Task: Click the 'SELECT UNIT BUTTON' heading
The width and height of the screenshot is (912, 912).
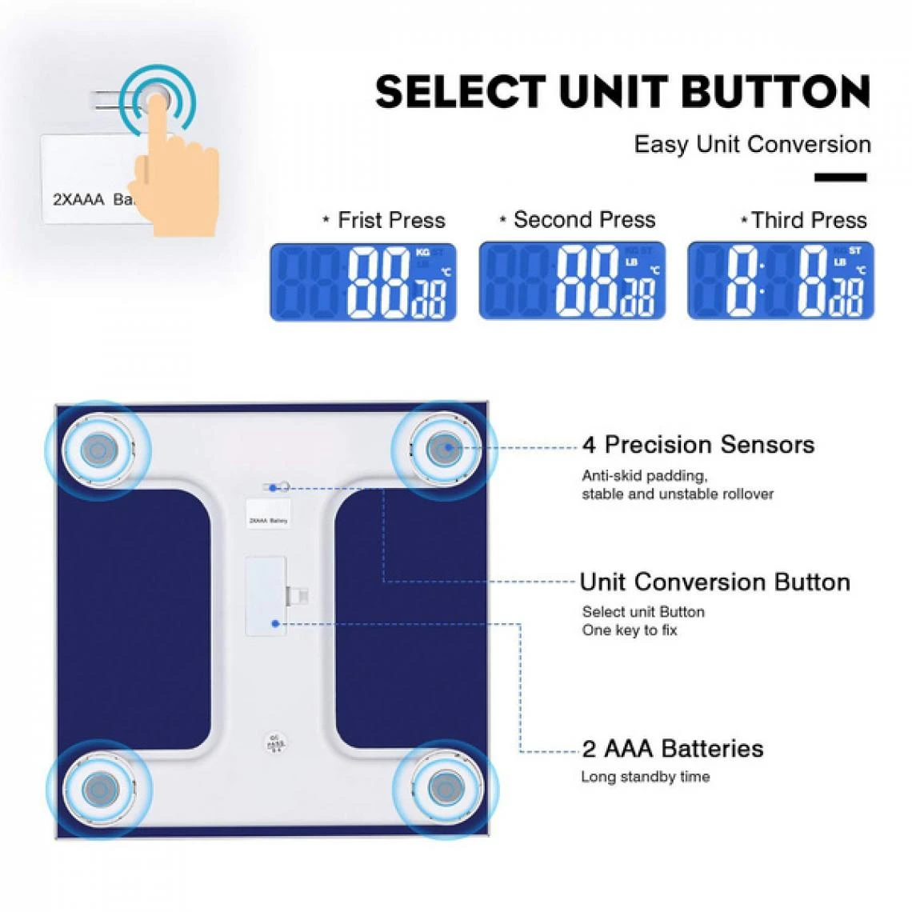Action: tap(622, 92)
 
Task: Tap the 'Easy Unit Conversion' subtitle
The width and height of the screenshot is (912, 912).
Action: tap(752, 145)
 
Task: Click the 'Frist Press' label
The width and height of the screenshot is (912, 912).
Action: tap(391, 220)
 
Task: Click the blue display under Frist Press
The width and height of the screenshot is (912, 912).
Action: tap(363, 282)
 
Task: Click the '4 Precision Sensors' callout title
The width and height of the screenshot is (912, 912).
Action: tap(698, 445)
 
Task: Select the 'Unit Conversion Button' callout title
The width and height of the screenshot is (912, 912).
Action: tap(714, 582)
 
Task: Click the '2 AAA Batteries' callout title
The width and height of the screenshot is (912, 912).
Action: tap(672, 749)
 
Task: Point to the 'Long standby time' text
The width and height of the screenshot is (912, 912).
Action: tap(645, 777)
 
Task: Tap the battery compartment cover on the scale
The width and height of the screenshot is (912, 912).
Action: tap(266, 595)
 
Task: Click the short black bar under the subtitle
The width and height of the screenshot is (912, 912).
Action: tap(841, 178)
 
